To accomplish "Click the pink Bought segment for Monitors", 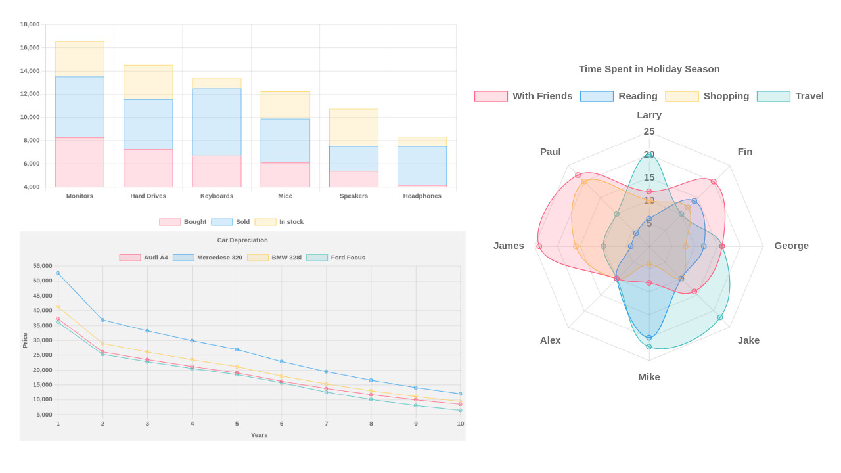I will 80,162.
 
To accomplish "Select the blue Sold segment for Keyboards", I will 216,122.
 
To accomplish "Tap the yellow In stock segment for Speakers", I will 353,127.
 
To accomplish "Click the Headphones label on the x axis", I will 422,196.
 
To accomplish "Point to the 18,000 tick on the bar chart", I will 30,24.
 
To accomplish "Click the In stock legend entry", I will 279,222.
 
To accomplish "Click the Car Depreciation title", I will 242,240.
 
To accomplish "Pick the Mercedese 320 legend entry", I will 208,258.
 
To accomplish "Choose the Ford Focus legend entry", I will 336,258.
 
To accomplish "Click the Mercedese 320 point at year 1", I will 58,273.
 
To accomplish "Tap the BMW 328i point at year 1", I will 58,307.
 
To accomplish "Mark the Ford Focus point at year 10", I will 460,411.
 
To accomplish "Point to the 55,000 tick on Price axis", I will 43,266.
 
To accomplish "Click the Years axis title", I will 259,435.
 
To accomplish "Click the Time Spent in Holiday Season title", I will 649,69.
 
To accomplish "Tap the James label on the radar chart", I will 509,246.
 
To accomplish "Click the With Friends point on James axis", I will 539,246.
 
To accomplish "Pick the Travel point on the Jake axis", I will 720,317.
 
